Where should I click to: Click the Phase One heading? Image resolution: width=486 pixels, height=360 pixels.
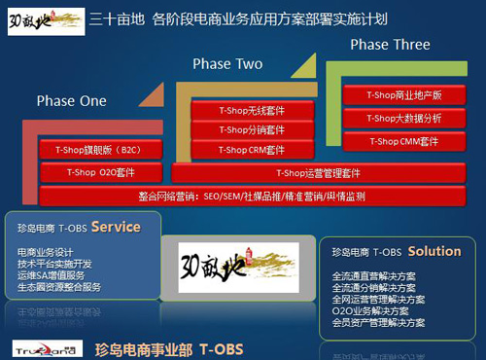pyautogui.click(x=72, y=101)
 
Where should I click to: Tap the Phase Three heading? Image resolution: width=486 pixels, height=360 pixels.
pyautogui.click(x=389, y=45)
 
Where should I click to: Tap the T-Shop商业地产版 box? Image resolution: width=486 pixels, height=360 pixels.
pyautogui.click(x=403, y=94)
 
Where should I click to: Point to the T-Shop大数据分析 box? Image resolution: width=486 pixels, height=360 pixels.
pyautogui.click(x=403, y=118)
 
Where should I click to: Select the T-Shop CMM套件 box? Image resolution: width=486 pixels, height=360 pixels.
pyautogui.click(x=403, y=142)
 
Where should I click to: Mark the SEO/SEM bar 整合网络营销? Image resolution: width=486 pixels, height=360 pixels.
pyautogui.click(x=244, y=196)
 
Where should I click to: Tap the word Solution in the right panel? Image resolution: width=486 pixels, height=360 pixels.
pyautogui.click(x=434, y=251)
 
